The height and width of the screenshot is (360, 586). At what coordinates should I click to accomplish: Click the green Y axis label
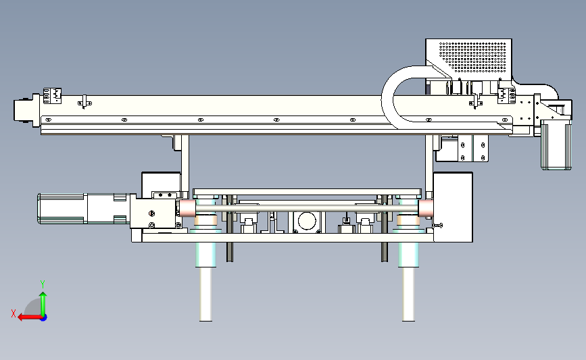pyautogui.click(x=43, y=284)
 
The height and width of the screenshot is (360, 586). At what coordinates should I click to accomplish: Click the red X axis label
pyautogui.click(x=14, y=313)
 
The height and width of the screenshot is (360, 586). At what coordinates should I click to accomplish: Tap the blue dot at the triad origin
pyautogui.click(x=43, y=317)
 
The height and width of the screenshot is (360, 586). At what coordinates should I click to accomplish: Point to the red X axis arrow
pyautogui.click(x=30, y=317)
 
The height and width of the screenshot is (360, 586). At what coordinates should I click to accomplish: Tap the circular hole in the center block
pyautogui.click(x=307, y=221)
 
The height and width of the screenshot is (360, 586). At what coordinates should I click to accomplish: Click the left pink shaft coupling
pyautogui.click(x=187, y=209)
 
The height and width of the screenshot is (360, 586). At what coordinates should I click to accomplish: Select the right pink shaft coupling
pyautogui.click(x=426, y=209)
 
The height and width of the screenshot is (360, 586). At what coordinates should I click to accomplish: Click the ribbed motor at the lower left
pyautogui.click(x=62, y=209)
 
